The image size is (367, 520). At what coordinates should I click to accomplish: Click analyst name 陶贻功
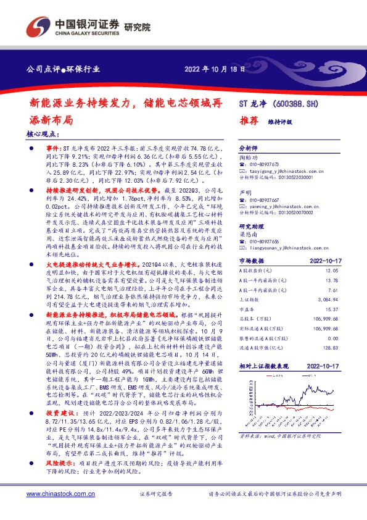(249, 157)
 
